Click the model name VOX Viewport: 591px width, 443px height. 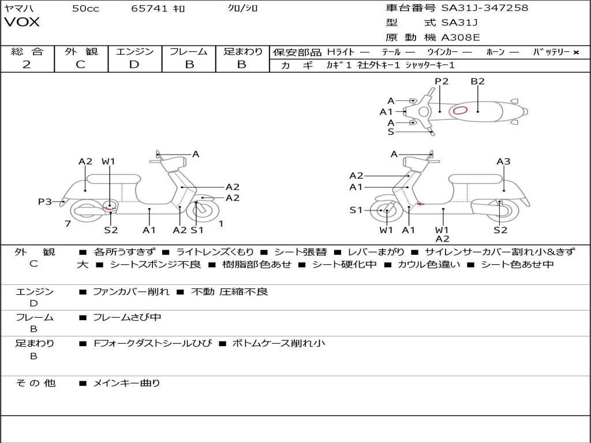22,22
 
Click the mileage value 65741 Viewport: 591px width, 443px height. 149,8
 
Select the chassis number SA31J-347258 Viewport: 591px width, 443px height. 485,8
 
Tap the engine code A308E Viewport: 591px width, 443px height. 461,37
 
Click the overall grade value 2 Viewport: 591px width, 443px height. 27,65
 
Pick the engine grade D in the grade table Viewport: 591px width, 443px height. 134,65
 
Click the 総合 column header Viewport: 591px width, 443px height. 27,51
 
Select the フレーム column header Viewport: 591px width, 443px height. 189,51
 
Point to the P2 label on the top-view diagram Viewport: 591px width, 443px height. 442,81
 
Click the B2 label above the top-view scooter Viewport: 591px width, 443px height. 477,81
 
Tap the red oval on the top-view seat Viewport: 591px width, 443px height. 460,110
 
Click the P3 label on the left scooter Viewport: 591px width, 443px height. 45,201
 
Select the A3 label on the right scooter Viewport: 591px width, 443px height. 503,162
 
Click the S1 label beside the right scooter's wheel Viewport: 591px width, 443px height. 356,210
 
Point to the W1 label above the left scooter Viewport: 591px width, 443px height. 109,162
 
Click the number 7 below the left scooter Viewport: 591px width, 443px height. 68,224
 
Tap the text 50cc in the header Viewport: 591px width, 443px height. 85,8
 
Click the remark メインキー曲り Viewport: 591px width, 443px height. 126,382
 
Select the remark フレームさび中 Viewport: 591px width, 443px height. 127,317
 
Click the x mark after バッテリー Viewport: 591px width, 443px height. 575,52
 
